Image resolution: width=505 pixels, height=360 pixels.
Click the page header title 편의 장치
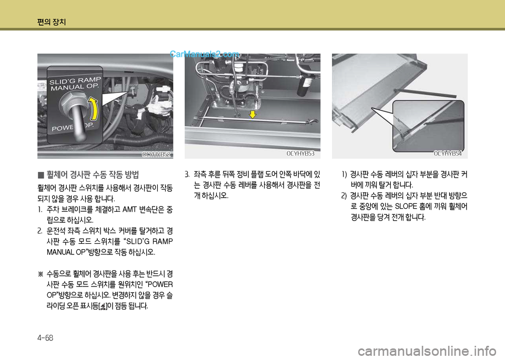(52, 22)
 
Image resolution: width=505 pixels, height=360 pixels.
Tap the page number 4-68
(45, 338)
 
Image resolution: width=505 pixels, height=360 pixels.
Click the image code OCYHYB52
(156, 155)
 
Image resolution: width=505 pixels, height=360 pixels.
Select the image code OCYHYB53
(300, 154)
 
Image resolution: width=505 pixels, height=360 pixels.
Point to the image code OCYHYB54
(448, 154)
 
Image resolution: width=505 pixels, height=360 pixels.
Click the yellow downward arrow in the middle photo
(253, 114)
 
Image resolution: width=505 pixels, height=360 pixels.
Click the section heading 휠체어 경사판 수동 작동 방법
(93, 175)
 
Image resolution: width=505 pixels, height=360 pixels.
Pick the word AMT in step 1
(130, 210)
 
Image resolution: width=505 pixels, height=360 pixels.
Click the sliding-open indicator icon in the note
(103, 306)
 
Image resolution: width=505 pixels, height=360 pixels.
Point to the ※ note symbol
(41, 274)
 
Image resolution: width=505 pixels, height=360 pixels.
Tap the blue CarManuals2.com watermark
(204, 54)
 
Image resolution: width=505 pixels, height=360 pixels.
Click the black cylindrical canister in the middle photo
(304, 85)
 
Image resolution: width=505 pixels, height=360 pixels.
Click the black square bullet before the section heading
(41, 176)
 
